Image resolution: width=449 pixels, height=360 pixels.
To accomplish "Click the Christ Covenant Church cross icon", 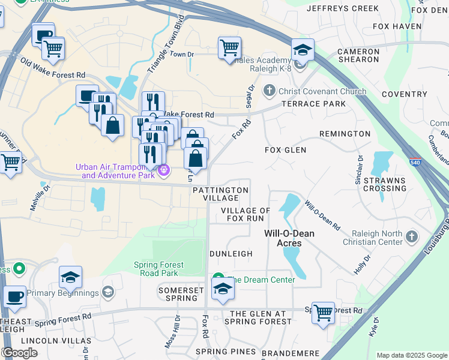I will (270, 91).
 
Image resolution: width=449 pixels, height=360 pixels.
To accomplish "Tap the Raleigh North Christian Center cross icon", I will (412, 237).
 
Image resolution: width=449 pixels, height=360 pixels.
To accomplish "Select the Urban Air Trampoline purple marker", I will (163, 172).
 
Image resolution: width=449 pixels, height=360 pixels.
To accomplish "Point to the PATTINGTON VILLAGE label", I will (220, 194).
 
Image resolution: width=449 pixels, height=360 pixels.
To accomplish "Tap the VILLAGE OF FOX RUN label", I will (245, 214).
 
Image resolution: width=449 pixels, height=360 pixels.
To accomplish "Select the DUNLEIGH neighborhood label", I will (231, 254).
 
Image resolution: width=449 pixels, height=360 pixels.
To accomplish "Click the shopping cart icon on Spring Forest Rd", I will (324, 312).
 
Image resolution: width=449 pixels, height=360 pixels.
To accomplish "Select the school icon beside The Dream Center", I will (223, 289).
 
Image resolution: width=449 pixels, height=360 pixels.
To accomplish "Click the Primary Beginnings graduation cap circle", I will (108, 293).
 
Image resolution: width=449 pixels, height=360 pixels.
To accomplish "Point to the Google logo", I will (20, 353).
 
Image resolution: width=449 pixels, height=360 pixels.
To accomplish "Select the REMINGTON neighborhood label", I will (345, 133).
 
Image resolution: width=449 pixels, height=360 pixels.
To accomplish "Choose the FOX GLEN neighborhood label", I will (286, 150).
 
